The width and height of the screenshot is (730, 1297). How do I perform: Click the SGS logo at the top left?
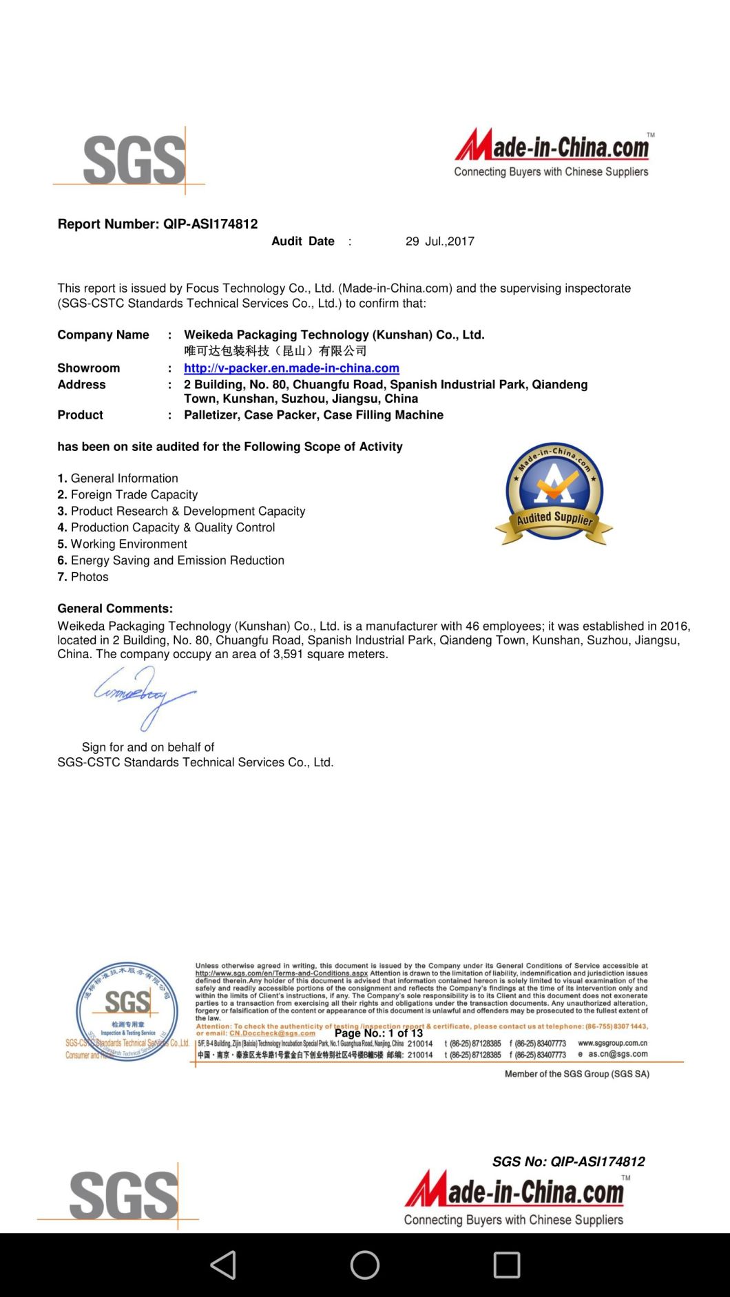tap(134, 160)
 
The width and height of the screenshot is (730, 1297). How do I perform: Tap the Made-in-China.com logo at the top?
tap(552, 153)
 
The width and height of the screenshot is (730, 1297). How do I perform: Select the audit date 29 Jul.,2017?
tap(439, 241)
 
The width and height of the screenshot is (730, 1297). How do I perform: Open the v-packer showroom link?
tap(291, 368)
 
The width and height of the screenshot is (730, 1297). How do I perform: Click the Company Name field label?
tap(103, 335)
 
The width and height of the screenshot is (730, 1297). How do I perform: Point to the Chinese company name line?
tap(275, 351)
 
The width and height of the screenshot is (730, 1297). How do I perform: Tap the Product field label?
tap(80, 415)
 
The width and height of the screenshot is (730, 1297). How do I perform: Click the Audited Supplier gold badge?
tap(554, 494)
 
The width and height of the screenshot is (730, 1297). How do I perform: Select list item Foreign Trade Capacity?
tap(134, 494)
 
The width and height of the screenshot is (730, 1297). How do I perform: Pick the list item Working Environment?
tap(128, 544)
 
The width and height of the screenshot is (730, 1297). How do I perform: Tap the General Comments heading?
tap(115, 609)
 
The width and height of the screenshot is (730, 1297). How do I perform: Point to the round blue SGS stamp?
tap(127, 1011)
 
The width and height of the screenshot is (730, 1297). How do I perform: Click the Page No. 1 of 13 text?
tap(379, 1033)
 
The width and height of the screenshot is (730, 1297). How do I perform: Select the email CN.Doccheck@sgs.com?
tap(272, 1033)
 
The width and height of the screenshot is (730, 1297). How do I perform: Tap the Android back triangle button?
tap(224, 1265)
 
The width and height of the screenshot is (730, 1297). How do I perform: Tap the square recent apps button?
tap(507, 1265)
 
